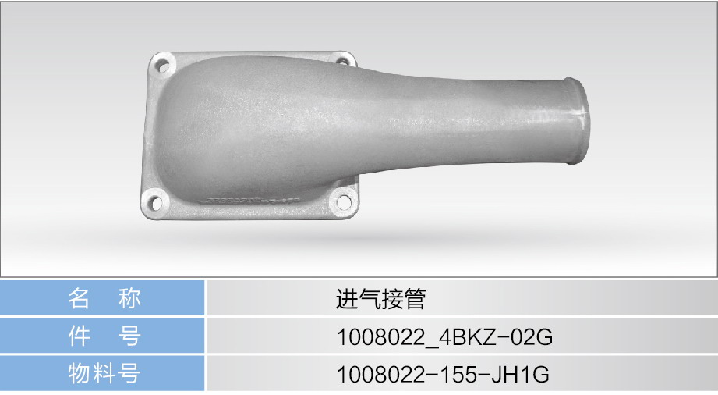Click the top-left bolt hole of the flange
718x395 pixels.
tap(163, 65)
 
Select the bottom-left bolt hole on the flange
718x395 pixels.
tap(155, 202)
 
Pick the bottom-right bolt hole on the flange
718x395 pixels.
tap(343, 202)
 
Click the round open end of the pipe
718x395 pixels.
tap(577, 121)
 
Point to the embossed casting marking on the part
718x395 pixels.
tap(253, 201)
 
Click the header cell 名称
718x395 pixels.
tap(102, 298)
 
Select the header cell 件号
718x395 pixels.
tap(102, 336)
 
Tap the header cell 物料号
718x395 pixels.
tap(102, 373)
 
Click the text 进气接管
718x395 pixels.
tap(381, 299)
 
